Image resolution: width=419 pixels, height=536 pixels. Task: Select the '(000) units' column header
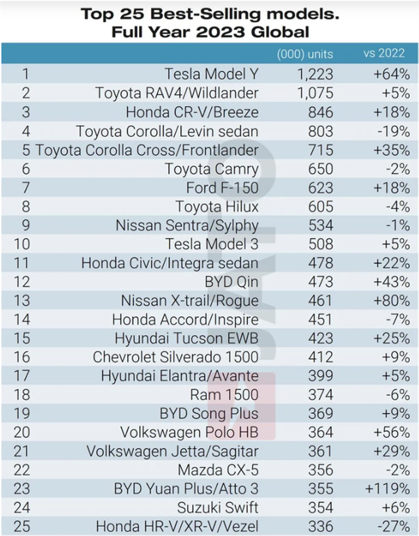(305, 54)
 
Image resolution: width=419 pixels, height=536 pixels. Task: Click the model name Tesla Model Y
(212, 73)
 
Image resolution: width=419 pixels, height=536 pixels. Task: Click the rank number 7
(26, 188)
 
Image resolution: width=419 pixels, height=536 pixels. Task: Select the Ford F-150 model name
(222, 188)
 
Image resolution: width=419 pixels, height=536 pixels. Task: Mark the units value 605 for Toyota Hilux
(321, 207)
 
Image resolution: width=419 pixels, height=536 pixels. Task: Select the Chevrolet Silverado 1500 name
(175, 357)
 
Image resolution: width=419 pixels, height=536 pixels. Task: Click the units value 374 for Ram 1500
(321, 395)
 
